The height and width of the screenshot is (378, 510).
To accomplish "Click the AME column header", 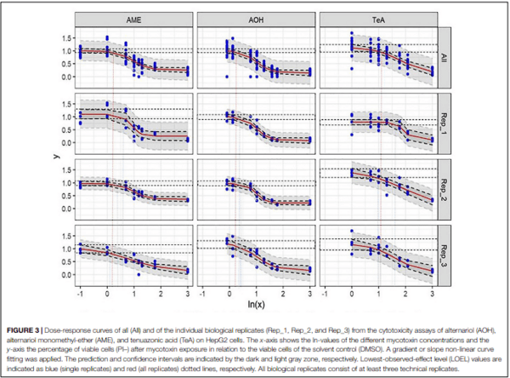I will point(134,20).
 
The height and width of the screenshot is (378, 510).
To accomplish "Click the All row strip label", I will point(445,57).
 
